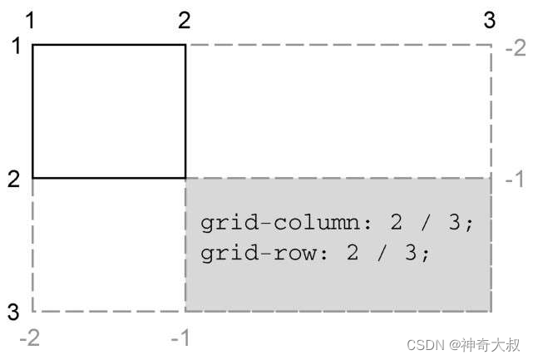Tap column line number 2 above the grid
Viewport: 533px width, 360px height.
pos(185,19)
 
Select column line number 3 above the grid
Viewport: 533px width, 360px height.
pos(491,19)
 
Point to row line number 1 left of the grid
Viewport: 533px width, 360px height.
pos(15,45)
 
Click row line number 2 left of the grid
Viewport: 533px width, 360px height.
pos(14,178)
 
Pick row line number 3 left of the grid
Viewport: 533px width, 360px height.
pos(14,313)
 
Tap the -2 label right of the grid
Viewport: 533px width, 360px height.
pos(515,47)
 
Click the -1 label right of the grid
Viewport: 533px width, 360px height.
pos(515,180)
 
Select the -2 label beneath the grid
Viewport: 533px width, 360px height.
pos(31,337)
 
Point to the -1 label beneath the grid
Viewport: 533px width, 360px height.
pos(182,337)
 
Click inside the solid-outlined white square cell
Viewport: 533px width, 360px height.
pos(109,111)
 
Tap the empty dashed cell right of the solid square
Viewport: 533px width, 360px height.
pos(338,111)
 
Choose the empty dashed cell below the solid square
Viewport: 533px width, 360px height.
pos(109,244)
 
